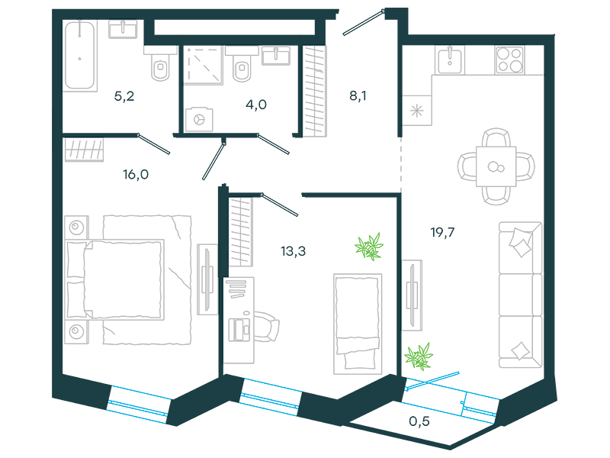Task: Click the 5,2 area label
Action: tap(124, 96)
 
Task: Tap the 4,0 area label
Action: tap(256, 105)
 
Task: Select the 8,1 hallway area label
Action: tap(358, 95)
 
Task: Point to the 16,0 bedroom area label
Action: tap(136, 174)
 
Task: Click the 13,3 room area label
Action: tap(294, 251)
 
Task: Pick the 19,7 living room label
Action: tap(442, 232)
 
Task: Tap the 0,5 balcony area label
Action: tap(419, 421)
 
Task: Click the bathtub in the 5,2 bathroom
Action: tap(80, 56)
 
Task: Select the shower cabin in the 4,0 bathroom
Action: tap(203, 65)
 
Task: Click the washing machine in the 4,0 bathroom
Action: tap(199, 119)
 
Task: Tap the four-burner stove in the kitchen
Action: tap(509, 60)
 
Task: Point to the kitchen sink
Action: tap(450, 60)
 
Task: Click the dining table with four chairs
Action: tap(496, 166)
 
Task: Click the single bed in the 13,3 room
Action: tap(358, 324)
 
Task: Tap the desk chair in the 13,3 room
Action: tap(267, 327)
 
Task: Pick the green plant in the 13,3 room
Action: tap(369, 246)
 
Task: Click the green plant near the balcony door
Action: tap(419, 356)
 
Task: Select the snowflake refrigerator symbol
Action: tap(416, 111)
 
